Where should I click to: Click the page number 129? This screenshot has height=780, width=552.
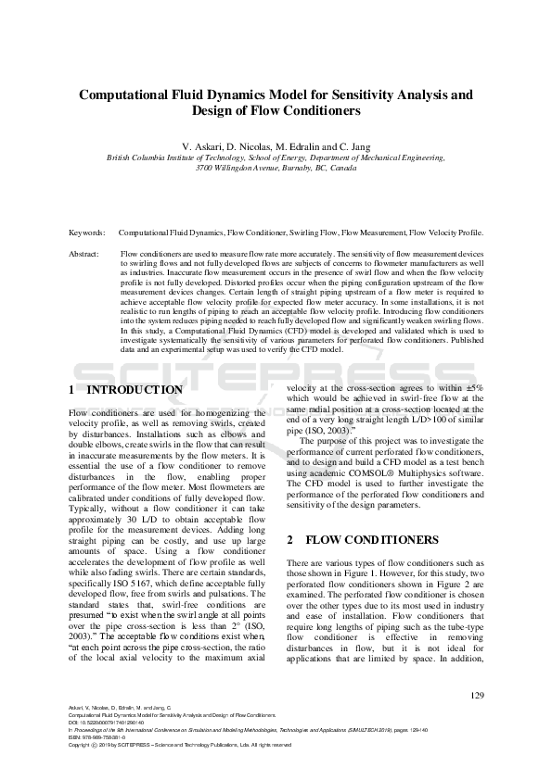click(477, 696)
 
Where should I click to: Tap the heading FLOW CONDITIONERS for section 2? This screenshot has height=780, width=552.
click(360, 539)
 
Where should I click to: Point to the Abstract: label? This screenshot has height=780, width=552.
click(85, 253)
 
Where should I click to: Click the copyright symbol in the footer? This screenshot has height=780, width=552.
click(96, 744)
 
